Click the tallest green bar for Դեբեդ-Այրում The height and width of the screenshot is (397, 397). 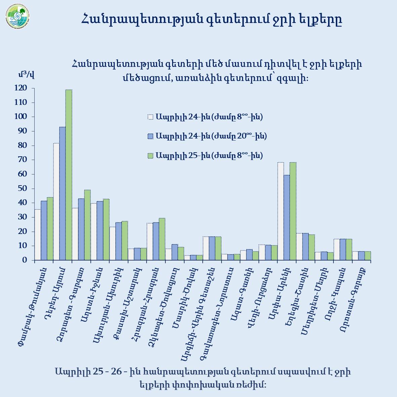point(69,175)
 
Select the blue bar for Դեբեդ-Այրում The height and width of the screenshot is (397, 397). point(63,193)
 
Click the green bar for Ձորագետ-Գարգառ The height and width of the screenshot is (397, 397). point(87,225)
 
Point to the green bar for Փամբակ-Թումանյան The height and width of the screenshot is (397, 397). point(50,229)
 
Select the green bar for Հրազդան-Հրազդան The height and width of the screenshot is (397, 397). point(162,239)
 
